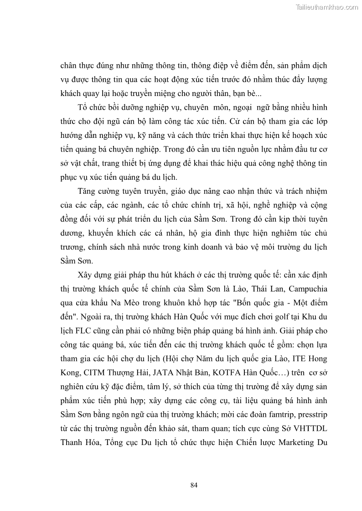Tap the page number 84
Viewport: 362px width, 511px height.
click(194, 485)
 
